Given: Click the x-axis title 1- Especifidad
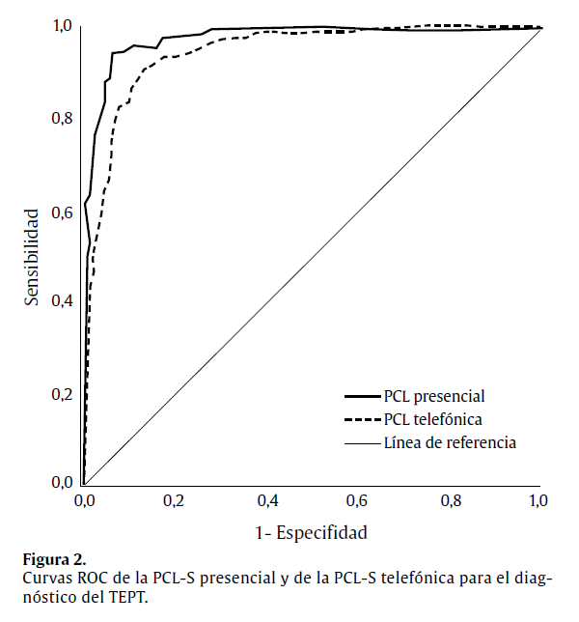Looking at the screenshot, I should pyautogui.click(x=312, y=531).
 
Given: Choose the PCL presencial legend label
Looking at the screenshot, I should pyautogui.click(x=433, y=395).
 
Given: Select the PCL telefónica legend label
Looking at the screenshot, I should pyautogui.click(x=432, y=419).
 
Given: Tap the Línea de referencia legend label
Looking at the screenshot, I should pyautogui.click(x=450, y=443).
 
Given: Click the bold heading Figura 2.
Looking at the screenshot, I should pyautogui.click(x=54, y=559).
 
